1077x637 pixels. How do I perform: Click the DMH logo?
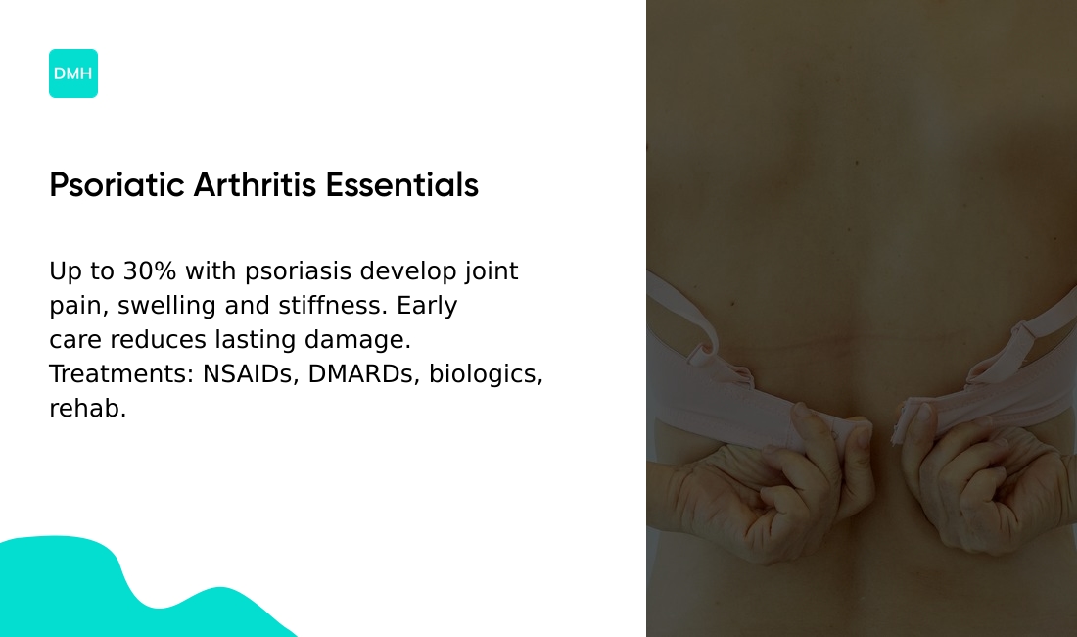(x=73, y=73)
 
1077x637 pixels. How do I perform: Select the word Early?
(x=427, y=306)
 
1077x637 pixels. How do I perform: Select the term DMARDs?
(x=363, y=374)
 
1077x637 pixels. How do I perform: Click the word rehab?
(x=87, y=409)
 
